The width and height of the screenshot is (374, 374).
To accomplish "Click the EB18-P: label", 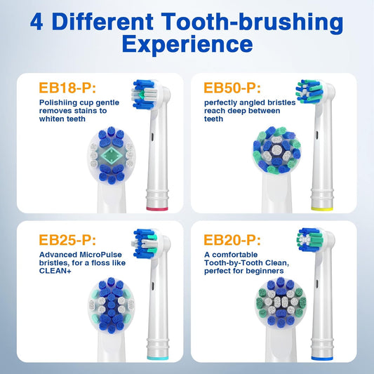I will click(x=69, y=89).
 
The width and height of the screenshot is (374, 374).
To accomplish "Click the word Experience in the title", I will click(x=187, y=45).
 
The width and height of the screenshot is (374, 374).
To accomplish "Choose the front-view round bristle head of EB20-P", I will click(x=276, y=302).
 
